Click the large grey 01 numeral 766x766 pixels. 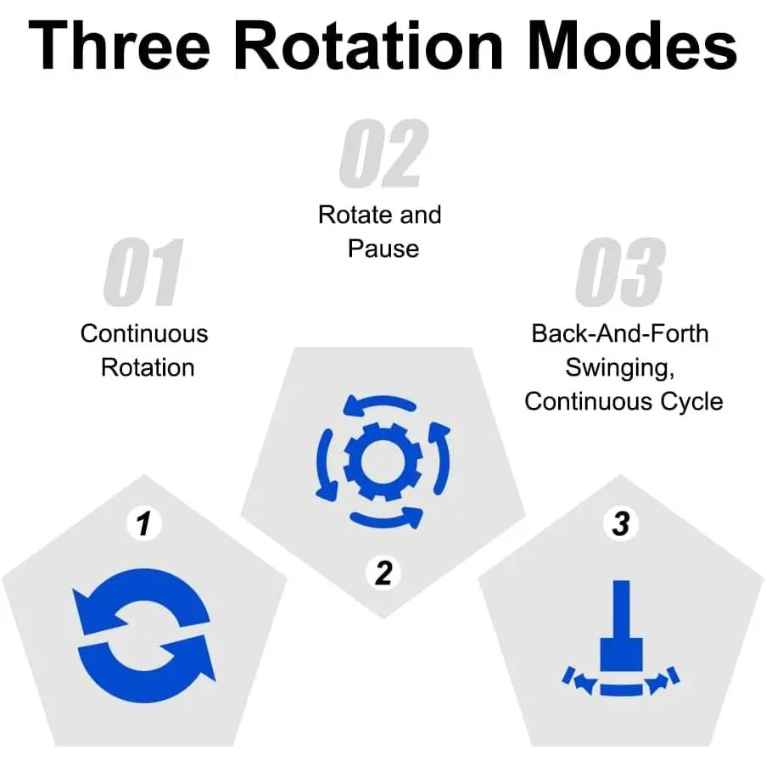tap(143, 272)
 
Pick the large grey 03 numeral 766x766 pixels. tap(618, 272)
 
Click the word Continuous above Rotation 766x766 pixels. tap(144, 333)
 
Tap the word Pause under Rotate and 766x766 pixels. tap(383, 249)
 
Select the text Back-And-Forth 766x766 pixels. tap(619, 333)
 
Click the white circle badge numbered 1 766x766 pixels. tap(143, 524)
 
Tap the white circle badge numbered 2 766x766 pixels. tap(383, 574)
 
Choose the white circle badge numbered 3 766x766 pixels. tap(621, 524)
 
